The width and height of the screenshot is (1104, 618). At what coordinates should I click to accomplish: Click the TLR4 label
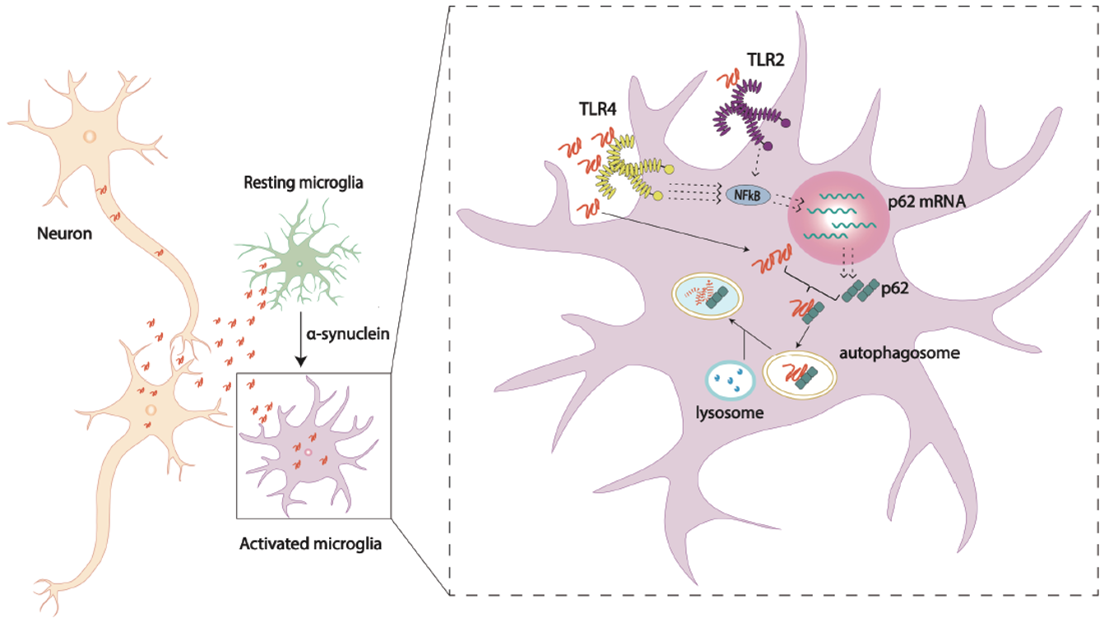(598, 107)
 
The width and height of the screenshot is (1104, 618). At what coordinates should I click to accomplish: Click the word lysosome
(725, 413)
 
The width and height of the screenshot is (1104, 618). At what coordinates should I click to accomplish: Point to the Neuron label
(64, 233)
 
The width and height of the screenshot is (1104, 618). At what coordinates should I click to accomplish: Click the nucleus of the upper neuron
(88, 136)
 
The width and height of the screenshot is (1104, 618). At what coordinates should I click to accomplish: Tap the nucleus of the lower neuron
(151, 408)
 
